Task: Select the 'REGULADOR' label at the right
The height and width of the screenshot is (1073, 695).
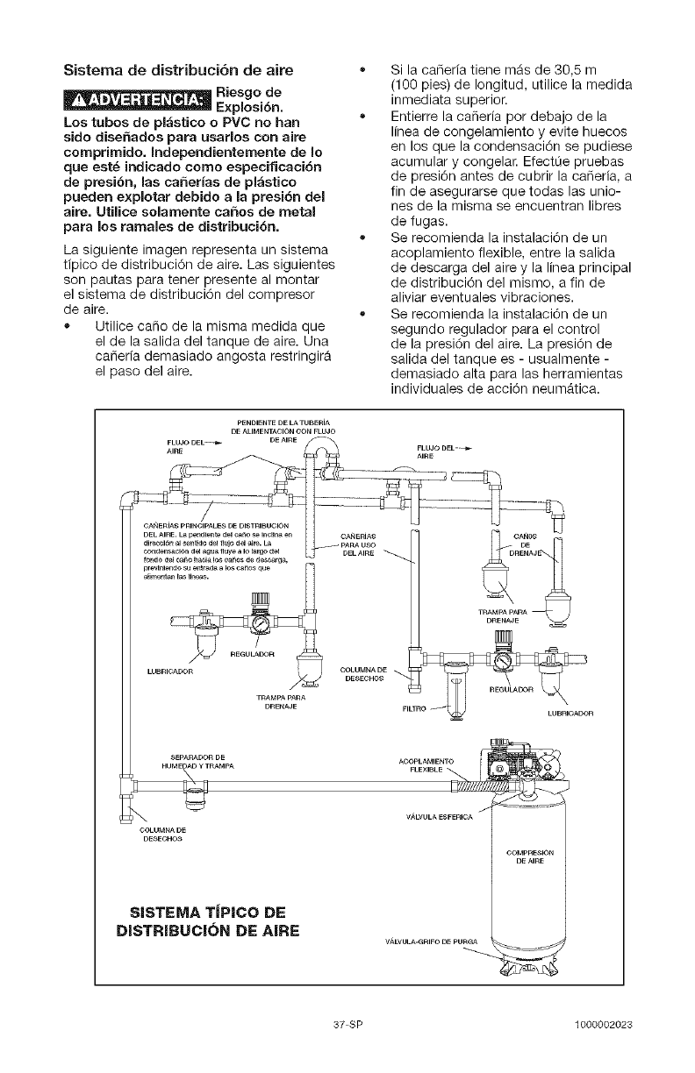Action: coord(511,689)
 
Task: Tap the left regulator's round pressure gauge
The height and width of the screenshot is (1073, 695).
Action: coord(262,623)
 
